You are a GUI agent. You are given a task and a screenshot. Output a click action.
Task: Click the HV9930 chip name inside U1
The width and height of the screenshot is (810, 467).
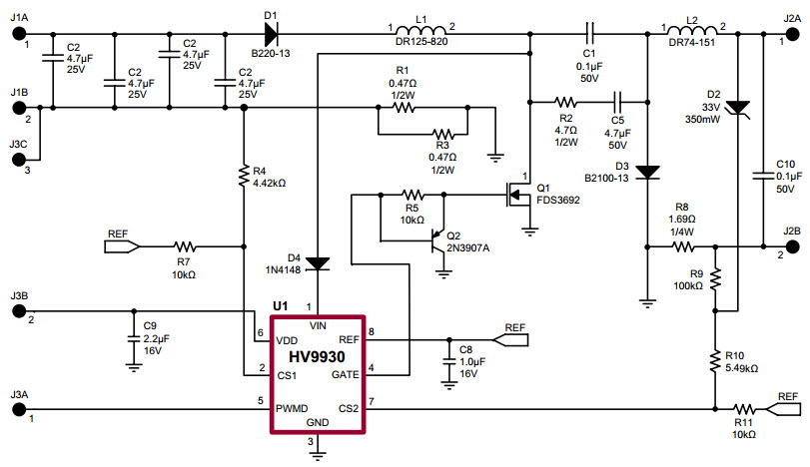[319, 356]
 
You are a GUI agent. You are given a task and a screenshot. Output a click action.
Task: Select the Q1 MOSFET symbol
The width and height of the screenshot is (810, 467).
[517, 196]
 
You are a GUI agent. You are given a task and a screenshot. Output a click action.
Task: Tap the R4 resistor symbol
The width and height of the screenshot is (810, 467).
[244, 176]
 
